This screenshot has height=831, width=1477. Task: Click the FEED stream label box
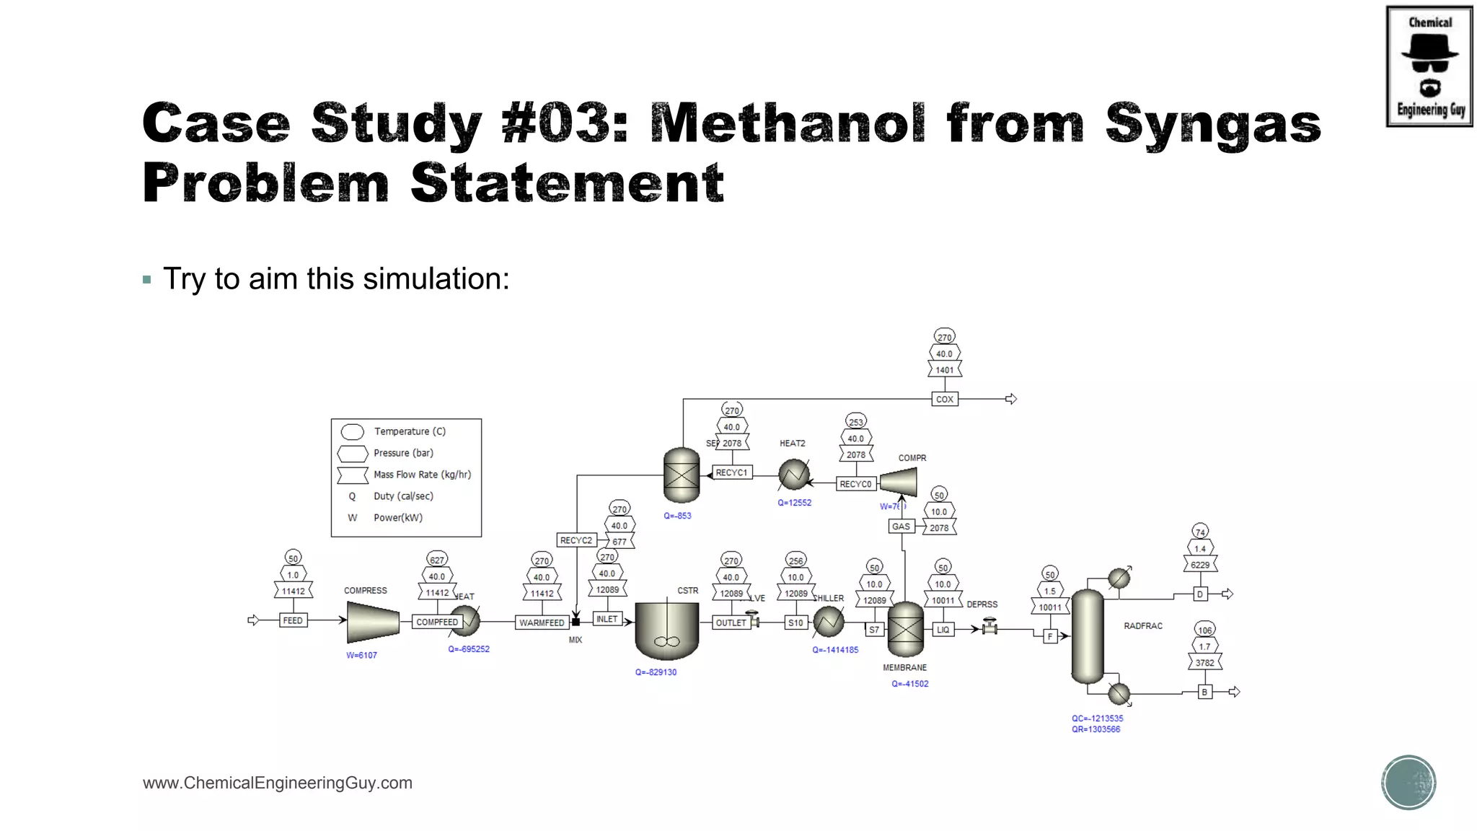click(293, 620)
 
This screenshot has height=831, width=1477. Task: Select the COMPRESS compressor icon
click(373, 622)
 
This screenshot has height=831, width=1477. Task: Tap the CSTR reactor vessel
click(666, 629)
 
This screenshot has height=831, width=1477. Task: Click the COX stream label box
click(945, 399)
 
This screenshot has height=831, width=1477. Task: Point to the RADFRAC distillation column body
click(1088, 636)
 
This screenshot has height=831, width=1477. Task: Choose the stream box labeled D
click(1200, 594)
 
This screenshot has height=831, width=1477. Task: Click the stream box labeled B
click(1204, 692)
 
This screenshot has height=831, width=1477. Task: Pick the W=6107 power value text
click(361, 655)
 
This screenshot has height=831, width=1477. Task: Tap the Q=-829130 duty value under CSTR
click(656, 672)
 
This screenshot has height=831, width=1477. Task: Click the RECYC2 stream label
click(576, 540)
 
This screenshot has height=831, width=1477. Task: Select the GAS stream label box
click(901, 527)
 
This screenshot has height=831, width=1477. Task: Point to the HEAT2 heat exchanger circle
click(793, 475)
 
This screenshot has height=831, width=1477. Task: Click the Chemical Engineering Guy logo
click(1429, 66)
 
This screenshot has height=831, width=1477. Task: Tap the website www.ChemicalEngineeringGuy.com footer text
click(278, 783)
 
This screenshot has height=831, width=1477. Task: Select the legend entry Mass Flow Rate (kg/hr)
click(422, 475)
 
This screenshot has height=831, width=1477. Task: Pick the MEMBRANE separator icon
click(905, 630)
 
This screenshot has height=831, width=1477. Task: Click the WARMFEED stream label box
click(542, 623)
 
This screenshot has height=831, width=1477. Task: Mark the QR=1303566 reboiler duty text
click(1095, 729)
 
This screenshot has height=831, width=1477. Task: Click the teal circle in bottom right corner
click(1408, 783)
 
